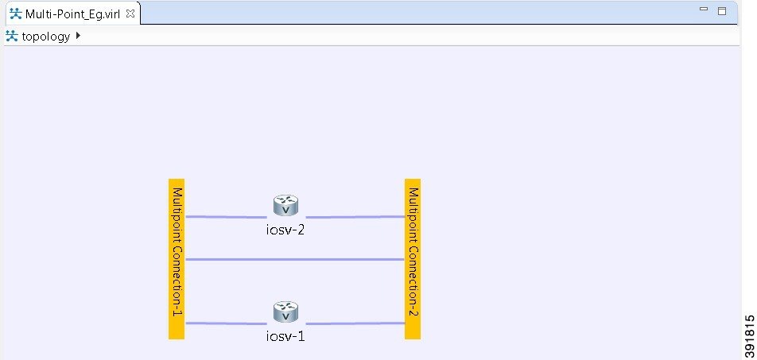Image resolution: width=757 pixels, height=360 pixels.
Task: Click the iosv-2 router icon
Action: [x=285, y=206]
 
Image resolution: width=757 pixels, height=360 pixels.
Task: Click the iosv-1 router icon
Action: [x=285, y=312]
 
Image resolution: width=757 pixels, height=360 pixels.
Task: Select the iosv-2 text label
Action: [x=285, y=230]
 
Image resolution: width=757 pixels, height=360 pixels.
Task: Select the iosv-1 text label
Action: [x=285, y=336]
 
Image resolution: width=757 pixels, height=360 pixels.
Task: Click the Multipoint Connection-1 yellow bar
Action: [x=177, y=258]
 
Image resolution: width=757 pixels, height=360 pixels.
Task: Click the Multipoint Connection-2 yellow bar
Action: [x=412, y=258]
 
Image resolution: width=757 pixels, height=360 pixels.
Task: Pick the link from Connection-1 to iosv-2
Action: [x=227, y=216]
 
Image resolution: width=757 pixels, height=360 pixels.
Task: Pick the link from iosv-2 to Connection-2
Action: [x=354, y=216]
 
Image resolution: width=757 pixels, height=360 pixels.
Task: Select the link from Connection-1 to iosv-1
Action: [x=227, y=323]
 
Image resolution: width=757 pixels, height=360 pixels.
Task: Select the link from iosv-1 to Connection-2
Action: [x=354, y=323]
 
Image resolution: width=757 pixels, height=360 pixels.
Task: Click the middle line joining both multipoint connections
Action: [x=294, y=259]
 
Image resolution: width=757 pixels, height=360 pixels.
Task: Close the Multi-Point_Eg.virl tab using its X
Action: [x=130, y=14]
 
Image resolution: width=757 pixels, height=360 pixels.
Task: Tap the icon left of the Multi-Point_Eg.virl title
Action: [x=14, y=14]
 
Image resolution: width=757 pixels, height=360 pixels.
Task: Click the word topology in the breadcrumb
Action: [x=45, y=36]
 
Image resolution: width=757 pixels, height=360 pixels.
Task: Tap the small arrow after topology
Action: [x=78, y=36]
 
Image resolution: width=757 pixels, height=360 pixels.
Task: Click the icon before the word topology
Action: [x=12, y=36]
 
